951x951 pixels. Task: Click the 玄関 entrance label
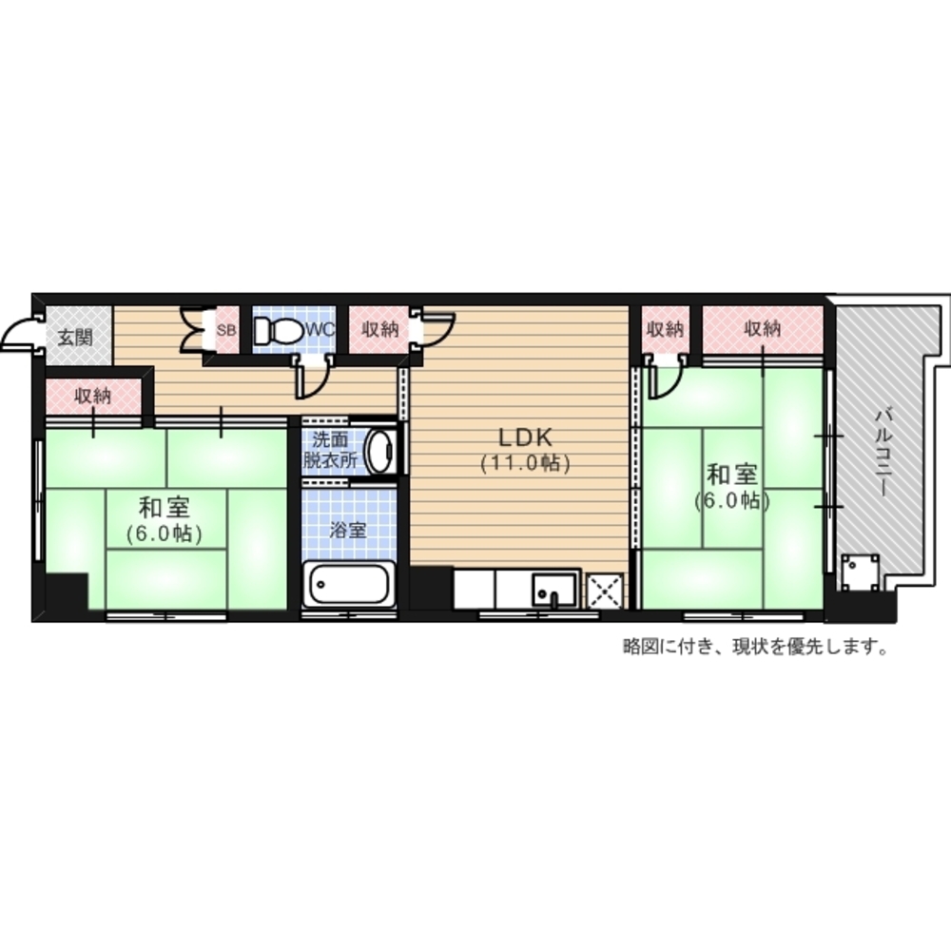point(75,338)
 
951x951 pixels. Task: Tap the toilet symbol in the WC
point(279,331)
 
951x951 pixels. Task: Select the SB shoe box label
point(225,331)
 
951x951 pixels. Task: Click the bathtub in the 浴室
point(349,584)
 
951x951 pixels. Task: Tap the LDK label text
point(525,437)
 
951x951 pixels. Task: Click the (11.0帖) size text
point(525,463)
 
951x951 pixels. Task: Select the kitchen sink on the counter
point(554,590)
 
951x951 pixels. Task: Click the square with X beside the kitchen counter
point(605,591)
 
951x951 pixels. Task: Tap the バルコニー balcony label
point(883,453)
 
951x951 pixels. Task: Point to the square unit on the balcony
point(860,573)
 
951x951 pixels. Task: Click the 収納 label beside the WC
point(380,329)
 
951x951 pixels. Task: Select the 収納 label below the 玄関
point(93,396)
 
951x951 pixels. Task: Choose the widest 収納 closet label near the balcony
point(763,329)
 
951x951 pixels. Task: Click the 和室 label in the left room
point(165,507)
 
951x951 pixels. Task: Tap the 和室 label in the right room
point(732,475)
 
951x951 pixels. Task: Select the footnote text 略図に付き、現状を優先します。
point(755,647)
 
